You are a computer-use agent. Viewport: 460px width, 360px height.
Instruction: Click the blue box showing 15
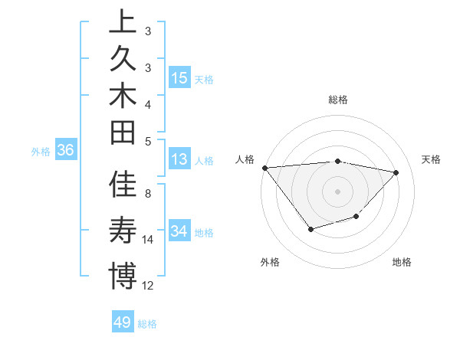[179, 78]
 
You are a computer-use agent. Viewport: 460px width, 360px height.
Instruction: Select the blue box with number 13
[179, 160]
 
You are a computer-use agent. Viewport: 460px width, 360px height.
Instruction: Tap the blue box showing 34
[179, 231]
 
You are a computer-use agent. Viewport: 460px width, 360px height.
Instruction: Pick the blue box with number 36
[65, 151]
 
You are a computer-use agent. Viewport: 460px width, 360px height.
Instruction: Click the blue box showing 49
[122, 322]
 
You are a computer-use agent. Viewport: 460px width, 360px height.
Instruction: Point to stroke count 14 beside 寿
[148, 240]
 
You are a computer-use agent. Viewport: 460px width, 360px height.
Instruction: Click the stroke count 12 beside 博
[148, 286]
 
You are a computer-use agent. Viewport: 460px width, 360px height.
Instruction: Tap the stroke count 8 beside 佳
[148, 193]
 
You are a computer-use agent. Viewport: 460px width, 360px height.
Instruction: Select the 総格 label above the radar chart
[338, 100]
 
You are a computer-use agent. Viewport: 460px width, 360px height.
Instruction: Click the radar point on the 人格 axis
[264, 168]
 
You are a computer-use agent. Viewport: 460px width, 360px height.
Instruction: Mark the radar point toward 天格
[396, 172]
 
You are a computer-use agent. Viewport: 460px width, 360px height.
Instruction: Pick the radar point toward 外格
[310, 228]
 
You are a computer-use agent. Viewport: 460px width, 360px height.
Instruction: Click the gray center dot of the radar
[338, 191]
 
